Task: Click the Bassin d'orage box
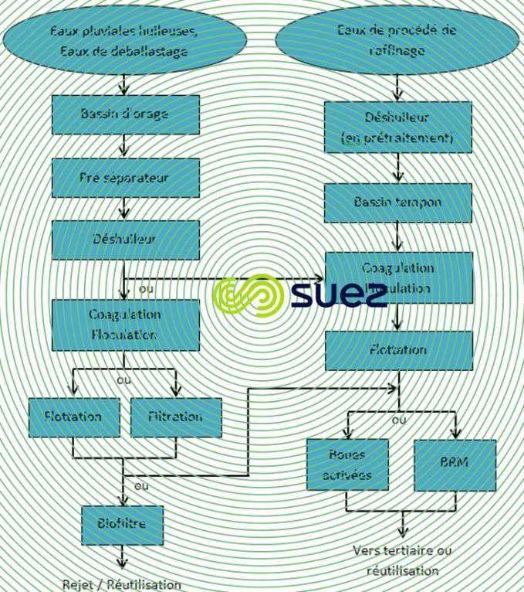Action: pos(125,114)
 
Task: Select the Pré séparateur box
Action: pos(125,178)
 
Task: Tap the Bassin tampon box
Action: pos(397,202)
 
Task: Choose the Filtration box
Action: pos(176,417)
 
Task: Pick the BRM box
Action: pos(454,464)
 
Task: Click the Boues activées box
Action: pos(347,464)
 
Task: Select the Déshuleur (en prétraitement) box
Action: pos(397,128)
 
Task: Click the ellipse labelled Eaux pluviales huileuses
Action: pos(124,41)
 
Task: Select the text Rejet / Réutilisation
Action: pos(121,584)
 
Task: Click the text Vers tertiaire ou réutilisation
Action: pos(402,560)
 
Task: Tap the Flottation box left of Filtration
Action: pos(74,417)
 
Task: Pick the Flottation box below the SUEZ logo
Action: pos(397,350)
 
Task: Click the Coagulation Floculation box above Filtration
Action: pos(125,325)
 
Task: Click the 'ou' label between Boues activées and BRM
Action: pos(399,420)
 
